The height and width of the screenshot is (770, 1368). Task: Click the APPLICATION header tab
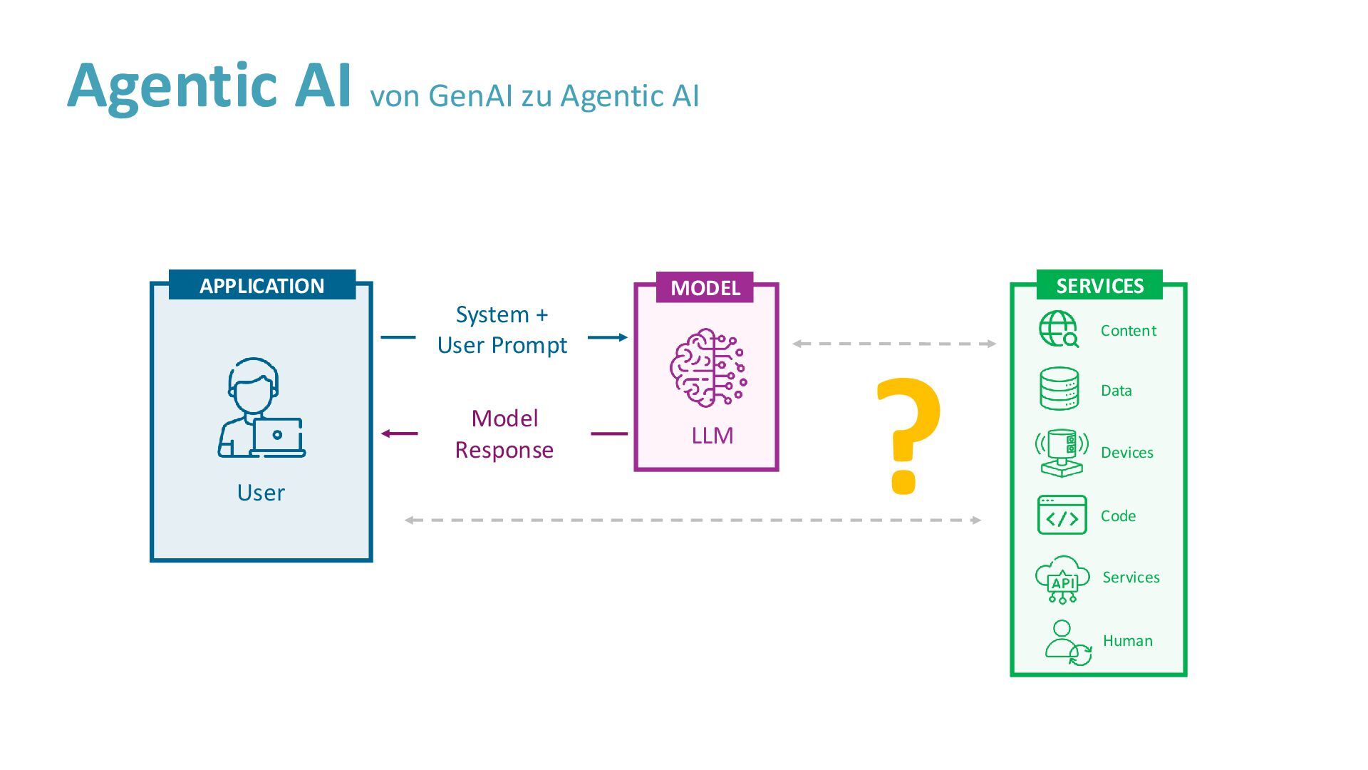click(261, 285)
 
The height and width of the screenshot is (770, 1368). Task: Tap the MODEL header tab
click(705, 287)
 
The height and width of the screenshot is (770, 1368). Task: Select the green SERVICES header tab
click(1099, 285)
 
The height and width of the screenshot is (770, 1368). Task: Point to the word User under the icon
click(261, 493)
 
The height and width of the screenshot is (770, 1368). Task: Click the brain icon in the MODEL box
click(708, 368)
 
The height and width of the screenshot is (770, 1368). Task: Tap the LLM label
click(712, 436)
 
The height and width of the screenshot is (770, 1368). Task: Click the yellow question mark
click(907, 435)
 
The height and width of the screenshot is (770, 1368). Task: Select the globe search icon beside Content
click(1059, 329)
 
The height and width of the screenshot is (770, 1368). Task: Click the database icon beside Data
click(1059, 389)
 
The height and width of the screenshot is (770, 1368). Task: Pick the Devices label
click(1126, 453)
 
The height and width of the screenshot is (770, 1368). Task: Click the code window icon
click(1062, 515)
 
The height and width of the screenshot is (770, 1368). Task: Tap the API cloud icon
click(1062, 579)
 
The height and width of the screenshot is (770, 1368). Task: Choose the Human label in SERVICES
click(1127, 641)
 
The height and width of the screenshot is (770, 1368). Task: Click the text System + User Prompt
click(502, 329)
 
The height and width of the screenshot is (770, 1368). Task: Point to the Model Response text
click(504, 433)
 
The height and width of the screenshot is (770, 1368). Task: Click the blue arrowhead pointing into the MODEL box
click(623, 337)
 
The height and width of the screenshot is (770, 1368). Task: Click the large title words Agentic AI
click(209, 86)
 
